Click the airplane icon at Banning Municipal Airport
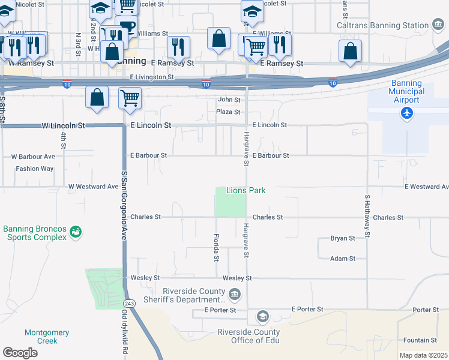tap(408, 113)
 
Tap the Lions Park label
tap(246, 190)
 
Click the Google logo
tap(20, 352)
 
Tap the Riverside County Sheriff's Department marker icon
tap(235, 294)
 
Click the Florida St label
tap(216, 247)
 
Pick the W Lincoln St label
tap(64, 126)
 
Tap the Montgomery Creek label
tap(47, 337)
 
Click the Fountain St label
tap(420, 340)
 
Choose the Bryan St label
tap(343, 238)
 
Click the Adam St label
tap(343, 259)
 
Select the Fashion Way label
tap(34, 169)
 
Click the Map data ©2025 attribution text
tap(423, 355)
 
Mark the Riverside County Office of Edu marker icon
tap(262, 316)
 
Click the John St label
tap(229, 100)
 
